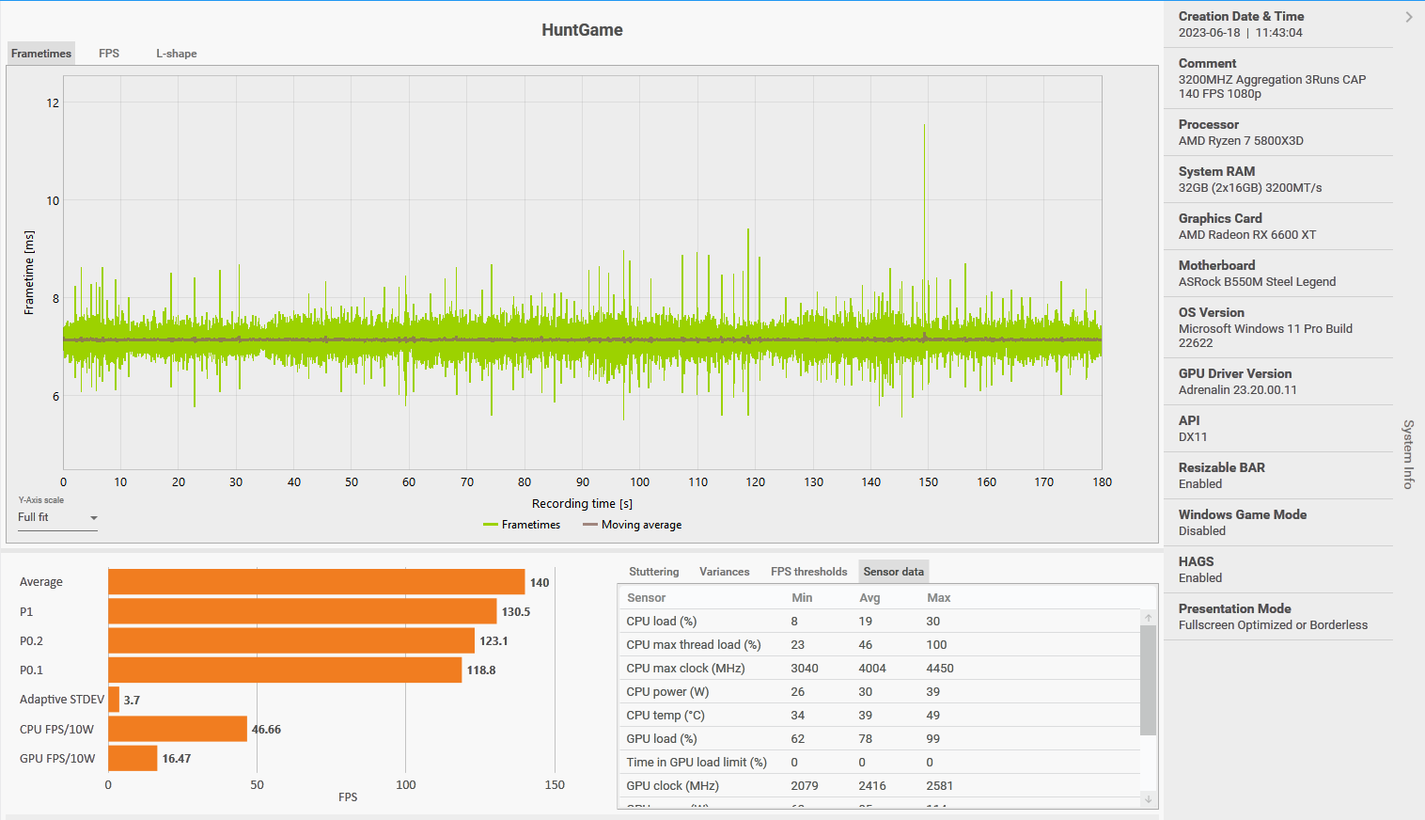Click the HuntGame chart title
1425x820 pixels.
click(582, 30)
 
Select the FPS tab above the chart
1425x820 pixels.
click(109, 54)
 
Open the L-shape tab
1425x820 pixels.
click(176, 54)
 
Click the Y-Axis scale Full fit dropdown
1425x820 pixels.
click(57, 518)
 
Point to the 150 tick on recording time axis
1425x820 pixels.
click(929, 482)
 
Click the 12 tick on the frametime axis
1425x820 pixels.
click(53, 103)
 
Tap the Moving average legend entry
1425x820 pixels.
click(641, 525)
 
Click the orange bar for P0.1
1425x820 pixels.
click(285, 670)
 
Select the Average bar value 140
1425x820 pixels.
click(540, 583)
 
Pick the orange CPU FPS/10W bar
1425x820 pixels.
click(178, 730)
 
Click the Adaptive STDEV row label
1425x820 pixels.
click(62, 700)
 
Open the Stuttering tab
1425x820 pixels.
click(653, 572)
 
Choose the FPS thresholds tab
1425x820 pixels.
click(808, 572)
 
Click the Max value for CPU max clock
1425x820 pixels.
click(940, 669)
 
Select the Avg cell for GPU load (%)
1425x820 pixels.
click(865, 739)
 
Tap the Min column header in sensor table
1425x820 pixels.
click(802, 598)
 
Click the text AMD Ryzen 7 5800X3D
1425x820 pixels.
click(1241, 141)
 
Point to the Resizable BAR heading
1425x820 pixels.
click(1221, 467)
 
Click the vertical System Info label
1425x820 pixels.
click(1408, 454)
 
